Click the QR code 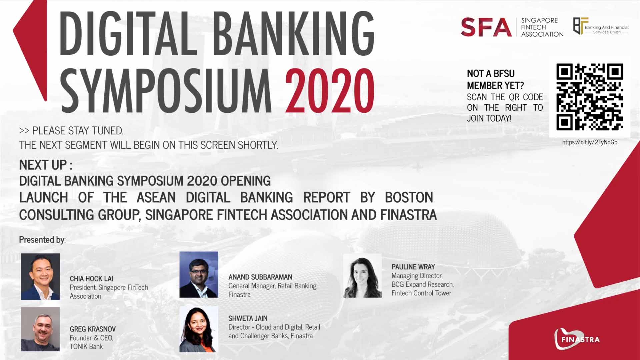590,97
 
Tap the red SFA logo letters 486,27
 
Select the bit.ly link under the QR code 590,142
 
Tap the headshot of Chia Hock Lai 40,276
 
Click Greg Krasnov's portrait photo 40,329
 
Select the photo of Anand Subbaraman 199,274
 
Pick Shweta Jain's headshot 199,329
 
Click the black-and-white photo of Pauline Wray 362,275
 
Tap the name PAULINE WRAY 413,267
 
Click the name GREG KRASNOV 93,329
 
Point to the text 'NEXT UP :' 46,165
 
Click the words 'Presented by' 42,240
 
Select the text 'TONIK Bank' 86,347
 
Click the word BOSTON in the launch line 409,197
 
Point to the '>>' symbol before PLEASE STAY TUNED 24,131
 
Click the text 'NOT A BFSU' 491,74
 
